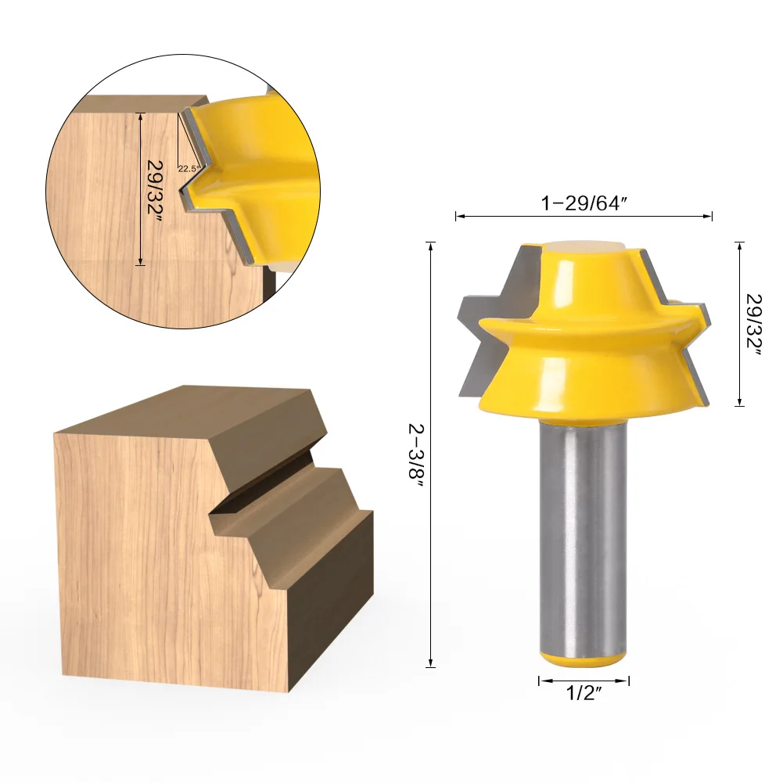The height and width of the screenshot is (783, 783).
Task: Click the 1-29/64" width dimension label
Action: click(584, 203)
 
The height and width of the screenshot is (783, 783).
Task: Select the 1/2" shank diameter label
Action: click(584, 692)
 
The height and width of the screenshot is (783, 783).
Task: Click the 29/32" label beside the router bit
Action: click(753, 325)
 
